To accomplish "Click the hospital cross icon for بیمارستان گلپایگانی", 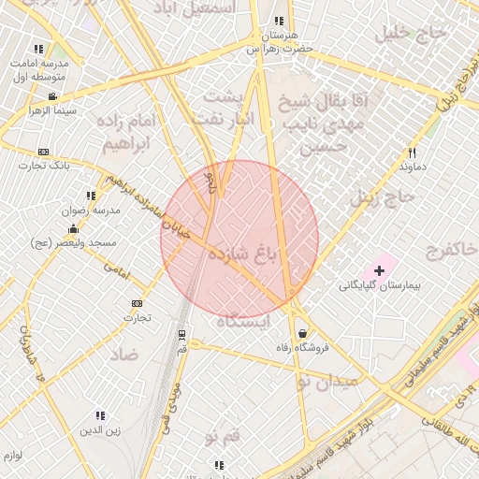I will (379, 270).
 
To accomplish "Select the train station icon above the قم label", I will (181, 333).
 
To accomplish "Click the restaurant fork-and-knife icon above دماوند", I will (411, 152).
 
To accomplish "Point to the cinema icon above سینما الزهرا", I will (52, 96).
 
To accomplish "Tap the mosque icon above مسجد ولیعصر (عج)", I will (72, 228).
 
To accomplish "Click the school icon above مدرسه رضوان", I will (91, 196).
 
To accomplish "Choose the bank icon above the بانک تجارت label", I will (43, 152).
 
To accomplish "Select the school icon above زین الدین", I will (100, 415).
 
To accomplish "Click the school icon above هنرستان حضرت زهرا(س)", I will (279, 22).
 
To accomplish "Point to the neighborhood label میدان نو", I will (327, 382).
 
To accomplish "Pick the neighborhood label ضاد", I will (123, 355).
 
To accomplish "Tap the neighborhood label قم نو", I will (223, 435).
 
